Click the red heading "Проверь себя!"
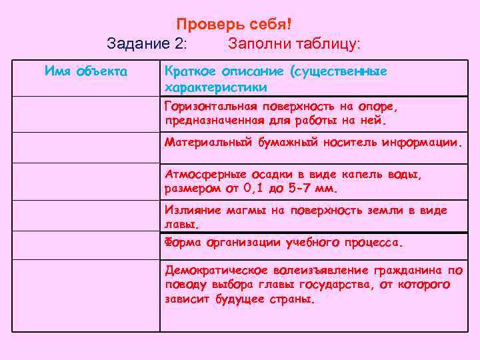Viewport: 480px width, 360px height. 234,24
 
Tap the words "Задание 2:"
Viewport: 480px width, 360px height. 147,44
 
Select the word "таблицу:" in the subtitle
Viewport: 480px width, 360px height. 326,44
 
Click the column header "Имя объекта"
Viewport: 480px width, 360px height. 87,71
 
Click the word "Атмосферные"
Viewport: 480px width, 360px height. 203,173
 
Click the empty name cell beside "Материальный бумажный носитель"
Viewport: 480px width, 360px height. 87,147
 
